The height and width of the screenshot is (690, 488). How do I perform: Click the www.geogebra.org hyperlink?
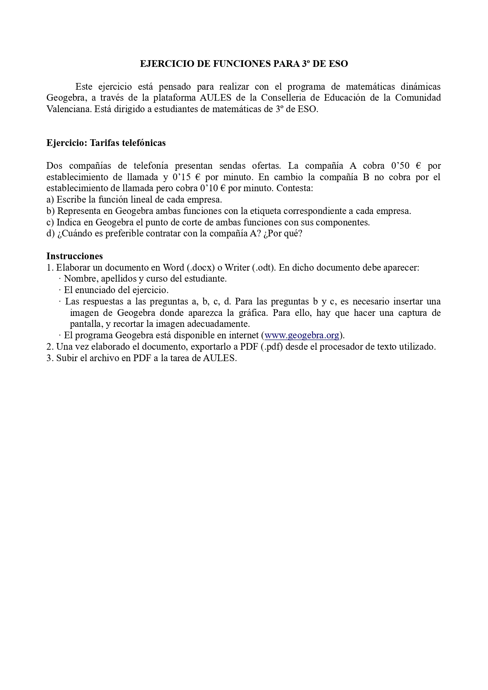tap(302, 335)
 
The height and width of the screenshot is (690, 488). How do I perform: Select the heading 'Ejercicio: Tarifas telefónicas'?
tap(106, 143)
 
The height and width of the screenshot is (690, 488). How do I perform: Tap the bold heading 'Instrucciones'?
tap(74, 256)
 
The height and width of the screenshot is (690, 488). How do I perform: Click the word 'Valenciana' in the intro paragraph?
tap(69, 109)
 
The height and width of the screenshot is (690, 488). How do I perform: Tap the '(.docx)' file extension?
tap(201, 268)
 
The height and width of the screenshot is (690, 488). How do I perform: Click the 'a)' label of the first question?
tap(50, 199)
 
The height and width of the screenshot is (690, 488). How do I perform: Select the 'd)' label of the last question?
tap(50, 233)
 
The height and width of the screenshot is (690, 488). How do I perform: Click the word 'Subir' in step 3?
tap(66, 358)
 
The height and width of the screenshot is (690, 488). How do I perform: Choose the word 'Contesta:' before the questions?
tap(295, 188)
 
